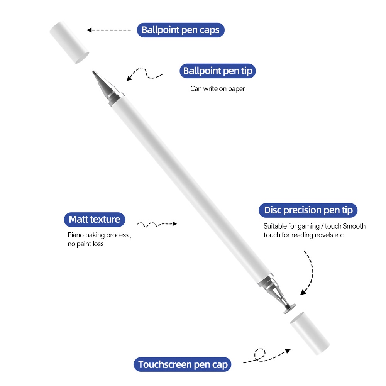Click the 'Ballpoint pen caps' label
180,30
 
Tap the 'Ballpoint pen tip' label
218,71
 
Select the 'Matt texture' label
95,219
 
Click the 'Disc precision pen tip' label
308,210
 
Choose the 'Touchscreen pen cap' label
183,364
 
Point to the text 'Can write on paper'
218,89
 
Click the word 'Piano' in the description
76,235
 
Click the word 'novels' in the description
322,235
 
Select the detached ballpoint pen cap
69,42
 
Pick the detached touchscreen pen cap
310,334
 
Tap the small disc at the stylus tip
289,309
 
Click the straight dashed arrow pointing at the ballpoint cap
108,30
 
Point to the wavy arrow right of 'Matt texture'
157,224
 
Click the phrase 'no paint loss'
86,244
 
